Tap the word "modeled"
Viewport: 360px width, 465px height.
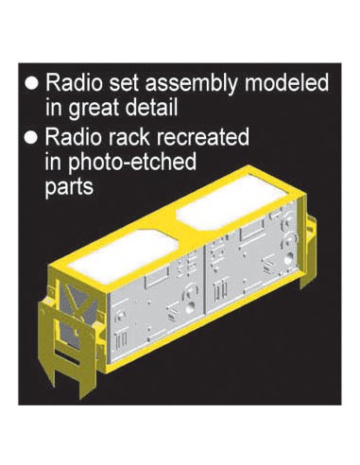(286, 82)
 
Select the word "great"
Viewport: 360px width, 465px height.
(94, 108)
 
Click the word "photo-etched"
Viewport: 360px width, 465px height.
(132, 163)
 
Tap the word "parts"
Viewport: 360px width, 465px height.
(69, 187)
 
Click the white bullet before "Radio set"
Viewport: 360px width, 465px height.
(31, 83)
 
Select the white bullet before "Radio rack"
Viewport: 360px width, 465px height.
(31, 138)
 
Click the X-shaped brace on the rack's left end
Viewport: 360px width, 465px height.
(79, 301)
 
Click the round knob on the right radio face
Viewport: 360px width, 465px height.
(288, 259)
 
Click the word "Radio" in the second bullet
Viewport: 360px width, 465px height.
(73, 136)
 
